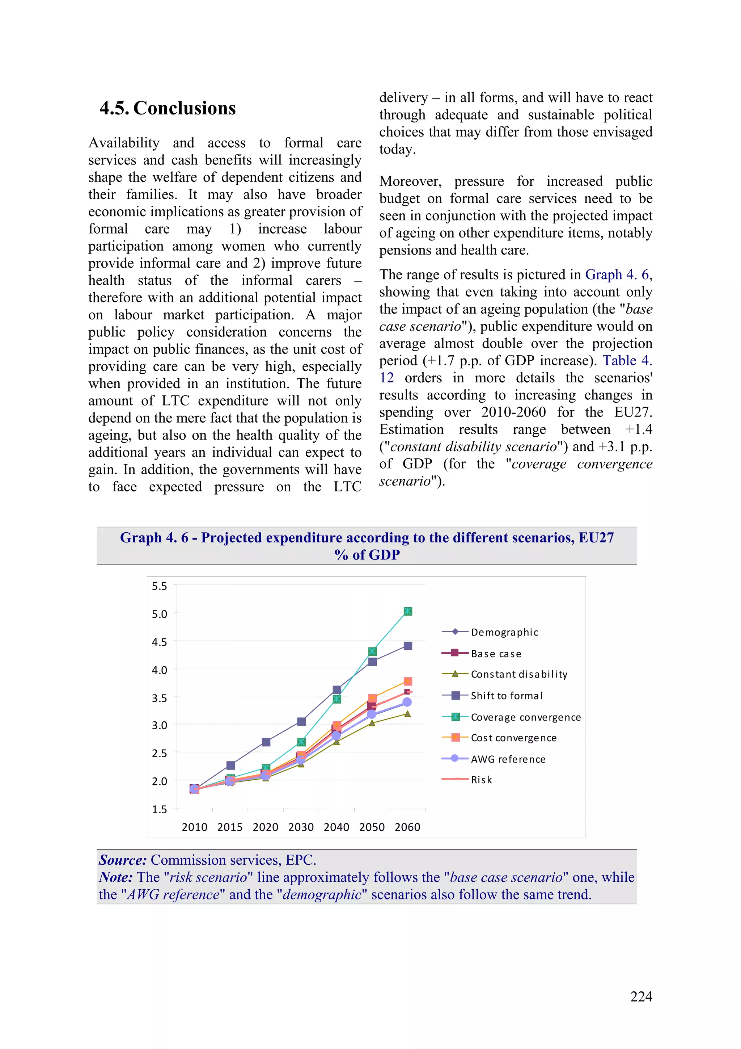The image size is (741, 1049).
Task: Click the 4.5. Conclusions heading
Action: click(168, 108)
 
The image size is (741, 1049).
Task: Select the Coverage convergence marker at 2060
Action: click(408, 611)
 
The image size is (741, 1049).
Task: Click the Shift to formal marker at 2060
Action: click(408, 646)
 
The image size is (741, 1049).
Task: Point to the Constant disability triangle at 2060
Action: click(407, 714)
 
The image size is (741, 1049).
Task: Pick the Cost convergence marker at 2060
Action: click(408, 681)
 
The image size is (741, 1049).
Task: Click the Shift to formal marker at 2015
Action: click(230, 765)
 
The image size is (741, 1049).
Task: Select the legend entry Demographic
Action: click(504, 632)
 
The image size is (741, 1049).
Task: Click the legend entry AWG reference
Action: click(508, 759)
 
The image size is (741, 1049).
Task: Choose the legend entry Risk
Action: click(481, 780)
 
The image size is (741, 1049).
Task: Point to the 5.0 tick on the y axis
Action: click(159, 614)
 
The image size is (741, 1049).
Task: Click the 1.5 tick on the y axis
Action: click(159, 809)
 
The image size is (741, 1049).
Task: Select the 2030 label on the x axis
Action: click(301, 827)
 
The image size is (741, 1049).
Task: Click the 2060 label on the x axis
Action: click(407, 827)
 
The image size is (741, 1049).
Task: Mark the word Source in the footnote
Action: click(122, 860)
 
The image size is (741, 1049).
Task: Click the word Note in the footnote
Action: click(115, 877)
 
